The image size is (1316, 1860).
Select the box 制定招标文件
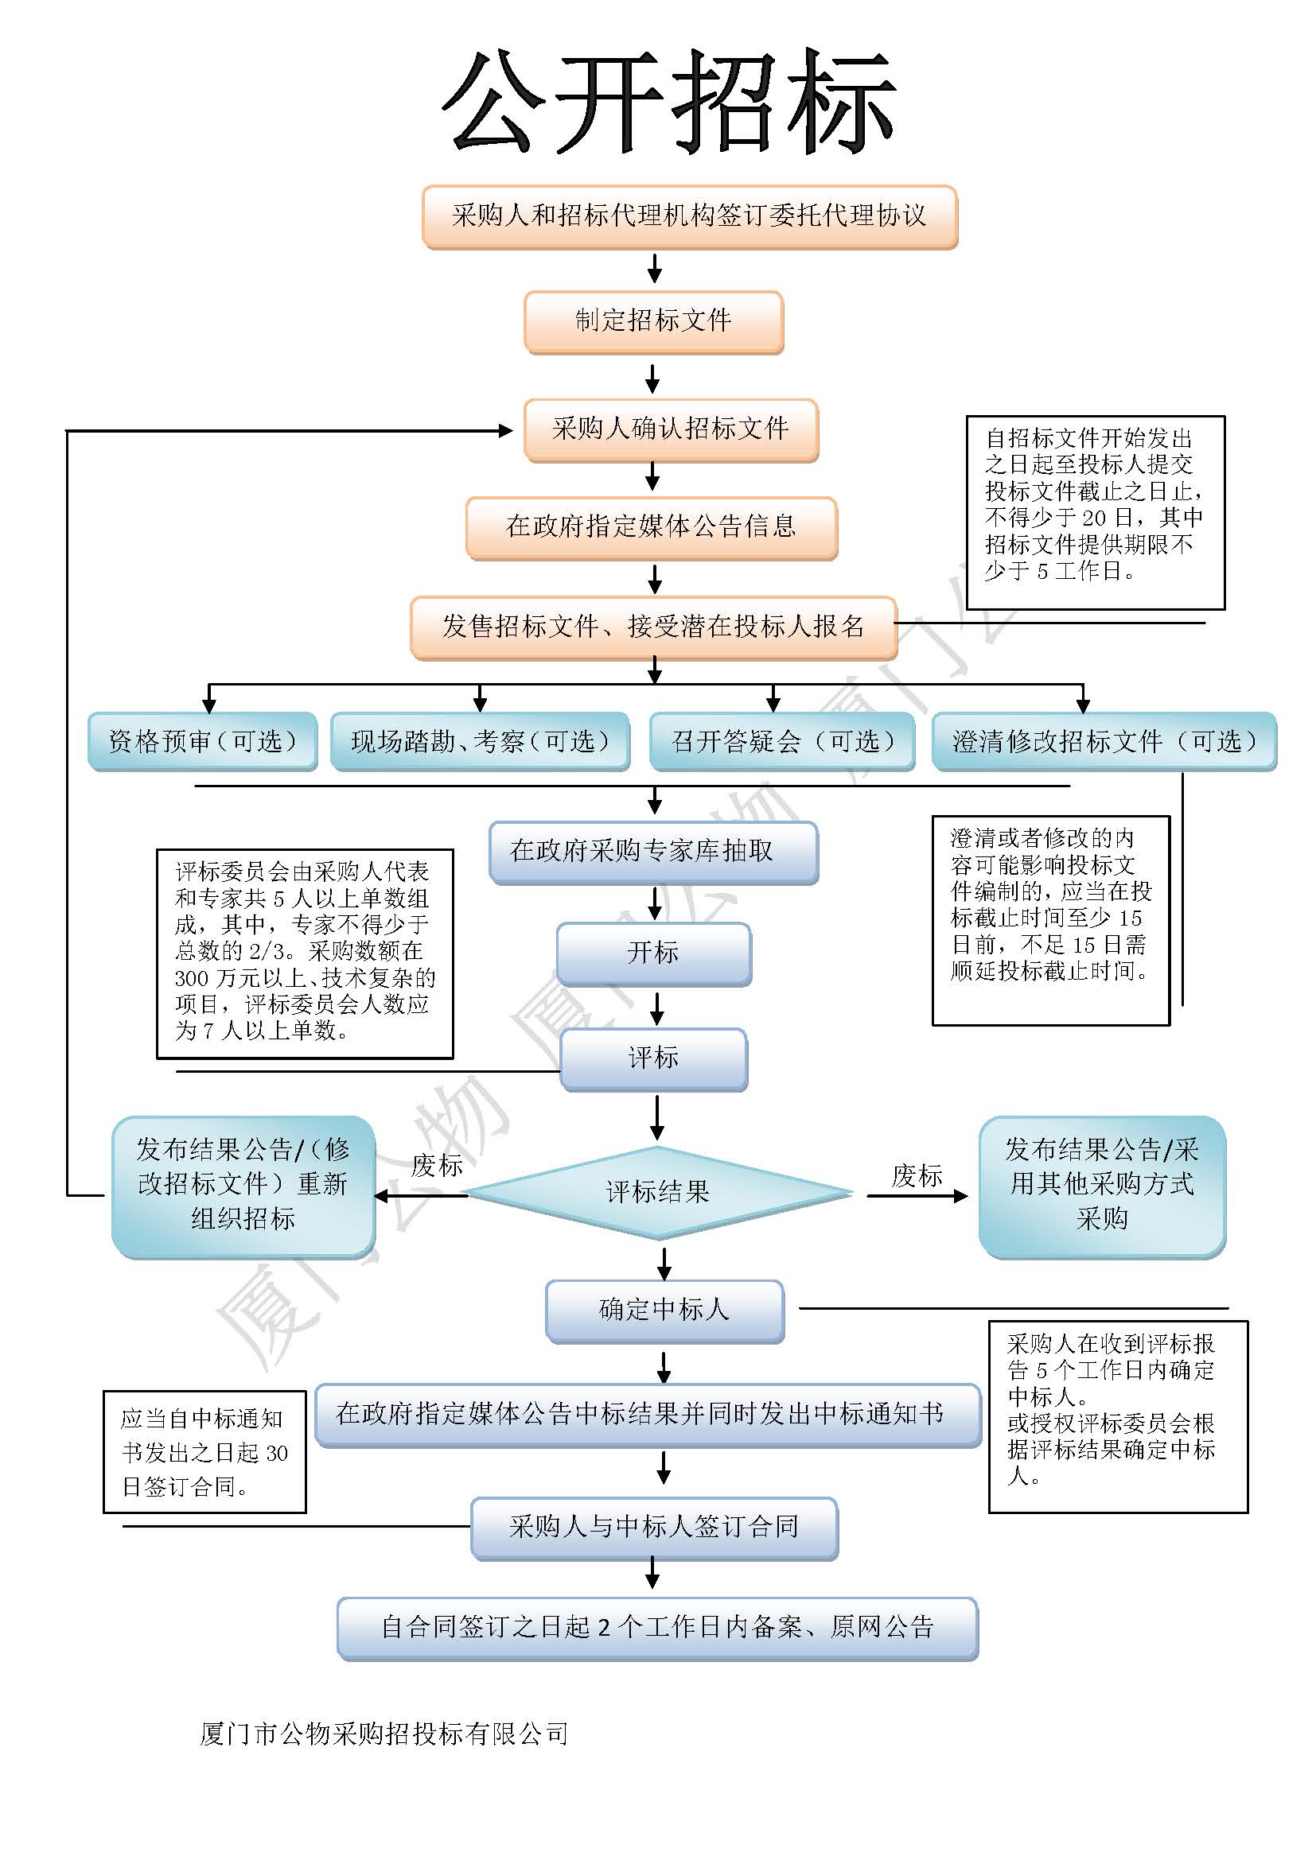[x=653, y=321]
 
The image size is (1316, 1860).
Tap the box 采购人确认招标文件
[x=670, y=429]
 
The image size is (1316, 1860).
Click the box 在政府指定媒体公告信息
[x=652, y=527]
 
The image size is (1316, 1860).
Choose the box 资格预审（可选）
[x=203, y=740]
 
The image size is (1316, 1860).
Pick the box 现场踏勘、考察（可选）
[x=480, y=740]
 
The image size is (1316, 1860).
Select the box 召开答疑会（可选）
[x=782, y=740]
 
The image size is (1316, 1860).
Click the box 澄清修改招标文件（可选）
[x=1104, y=740]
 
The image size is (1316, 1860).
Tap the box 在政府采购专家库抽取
[x=653, y=852]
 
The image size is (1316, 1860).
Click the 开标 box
[x=653, y=953]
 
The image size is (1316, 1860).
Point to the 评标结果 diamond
[x=658, y=1192]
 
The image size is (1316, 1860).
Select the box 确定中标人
[x=664, y=1310]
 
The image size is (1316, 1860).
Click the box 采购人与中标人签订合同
[x=654, y=1527]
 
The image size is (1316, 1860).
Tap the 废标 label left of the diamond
[x=437, y=1166]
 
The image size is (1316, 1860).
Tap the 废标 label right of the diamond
[x=917, y=1175]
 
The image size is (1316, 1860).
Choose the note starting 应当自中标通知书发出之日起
[x=204, y=1452]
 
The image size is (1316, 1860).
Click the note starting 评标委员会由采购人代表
[x=305, y=953]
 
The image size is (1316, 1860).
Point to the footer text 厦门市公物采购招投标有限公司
[x=384, y=1733]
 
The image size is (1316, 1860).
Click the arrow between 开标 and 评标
[x=656, y=1007]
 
